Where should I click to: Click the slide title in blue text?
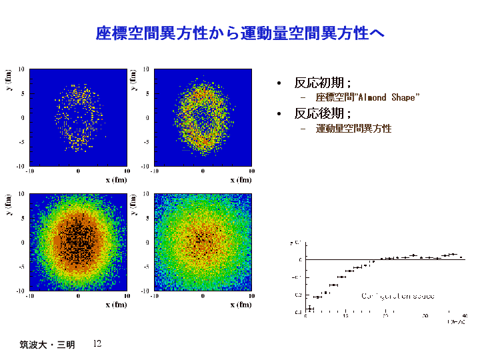click(x=241, y=33)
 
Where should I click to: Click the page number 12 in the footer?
click(x=97, y=343)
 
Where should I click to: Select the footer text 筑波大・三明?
click(x=47, y=345)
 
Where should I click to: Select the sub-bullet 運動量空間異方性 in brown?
click(x=353, y=129)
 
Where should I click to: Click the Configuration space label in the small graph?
click(x=398, y=295)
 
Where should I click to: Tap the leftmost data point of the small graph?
click(x=310, y=308)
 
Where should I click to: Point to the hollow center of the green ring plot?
click(x=203, y=119)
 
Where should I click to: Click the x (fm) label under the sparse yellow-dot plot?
click(x=115, y=179)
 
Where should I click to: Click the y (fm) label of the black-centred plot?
click(x=10, y=205)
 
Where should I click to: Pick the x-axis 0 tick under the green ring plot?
click(x=203, y=171)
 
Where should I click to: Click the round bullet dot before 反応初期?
click(x=279, y=83)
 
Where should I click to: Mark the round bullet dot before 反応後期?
click(x=279, y=114)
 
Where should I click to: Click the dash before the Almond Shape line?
click(x=303, y=98)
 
